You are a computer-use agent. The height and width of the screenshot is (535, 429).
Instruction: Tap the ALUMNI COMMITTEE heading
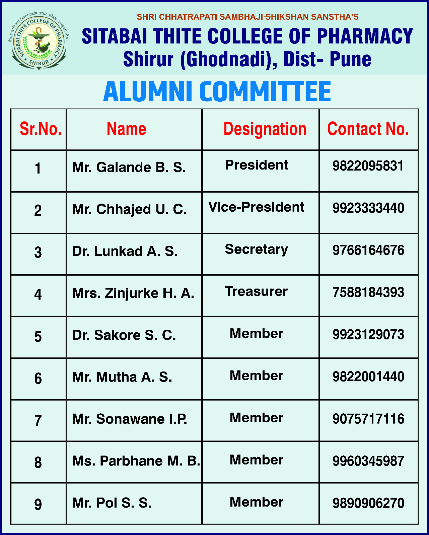click(x=217, y=92)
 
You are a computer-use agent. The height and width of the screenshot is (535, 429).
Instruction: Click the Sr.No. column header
click(x=41, y=129)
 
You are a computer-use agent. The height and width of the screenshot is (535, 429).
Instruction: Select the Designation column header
click(x=265, y=129)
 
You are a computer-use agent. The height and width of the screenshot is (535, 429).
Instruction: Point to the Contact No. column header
click(x=368, y=129)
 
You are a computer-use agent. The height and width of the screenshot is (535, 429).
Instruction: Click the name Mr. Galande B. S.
click(x=129, y=167)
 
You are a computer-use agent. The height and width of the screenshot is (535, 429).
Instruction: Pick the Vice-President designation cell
click(x=256, y=207)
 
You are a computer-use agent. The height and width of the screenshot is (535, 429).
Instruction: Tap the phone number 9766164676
click(x=368, y=250)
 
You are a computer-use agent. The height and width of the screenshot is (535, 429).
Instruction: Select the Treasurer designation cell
click(x=256, y=292)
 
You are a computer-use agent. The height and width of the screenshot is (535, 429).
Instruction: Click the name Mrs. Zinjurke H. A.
click(x=133, y=293)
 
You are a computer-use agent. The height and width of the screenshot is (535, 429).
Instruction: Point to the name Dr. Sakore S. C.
click(x=124, y=335)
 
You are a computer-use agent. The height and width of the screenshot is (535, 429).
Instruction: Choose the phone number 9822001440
click(x=368, y=377)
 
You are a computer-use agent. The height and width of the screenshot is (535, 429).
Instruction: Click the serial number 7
click(x=38, y=420)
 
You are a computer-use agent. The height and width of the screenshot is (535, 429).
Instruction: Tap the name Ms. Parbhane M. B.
click(x=136, y=461)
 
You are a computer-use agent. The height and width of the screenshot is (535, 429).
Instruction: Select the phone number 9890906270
click(x=368, y=503)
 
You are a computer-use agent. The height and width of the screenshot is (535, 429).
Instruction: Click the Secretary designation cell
click(x=256, y=249)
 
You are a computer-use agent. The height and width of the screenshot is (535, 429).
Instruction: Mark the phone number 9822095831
click(x=368, y=166)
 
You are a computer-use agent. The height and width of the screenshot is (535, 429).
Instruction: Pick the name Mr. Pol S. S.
click(x=112, y=503)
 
